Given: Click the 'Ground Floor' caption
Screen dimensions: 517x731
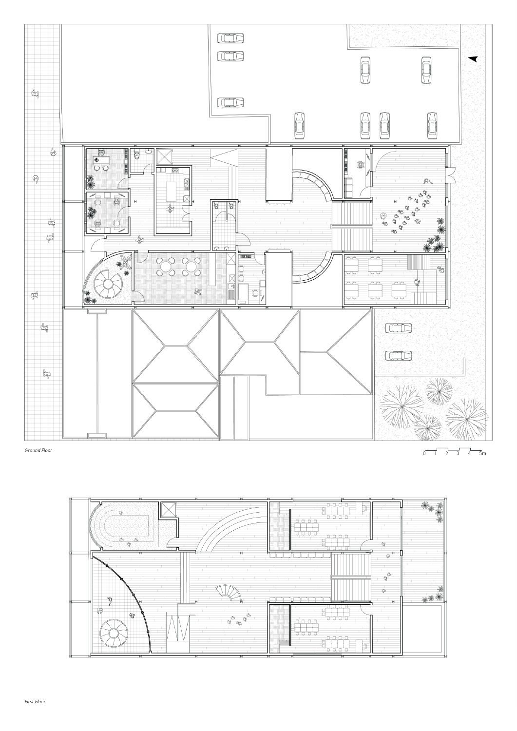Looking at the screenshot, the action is (38, 450).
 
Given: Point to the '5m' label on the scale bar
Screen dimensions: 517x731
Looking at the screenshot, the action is (482, 453).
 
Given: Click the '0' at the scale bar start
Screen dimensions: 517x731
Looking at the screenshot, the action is (424, 453).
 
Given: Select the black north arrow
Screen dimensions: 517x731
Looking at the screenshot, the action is (473, 59).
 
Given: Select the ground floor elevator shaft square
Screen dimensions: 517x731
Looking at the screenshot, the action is (164, 156).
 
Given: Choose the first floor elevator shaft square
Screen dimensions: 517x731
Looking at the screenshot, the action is (168, 510).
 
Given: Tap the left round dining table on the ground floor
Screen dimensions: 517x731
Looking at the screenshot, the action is (163, 267).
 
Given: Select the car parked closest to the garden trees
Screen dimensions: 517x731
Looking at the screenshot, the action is (398, 355).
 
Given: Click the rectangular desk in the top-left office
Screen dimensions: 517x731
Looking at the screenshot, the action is (101, 160).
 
